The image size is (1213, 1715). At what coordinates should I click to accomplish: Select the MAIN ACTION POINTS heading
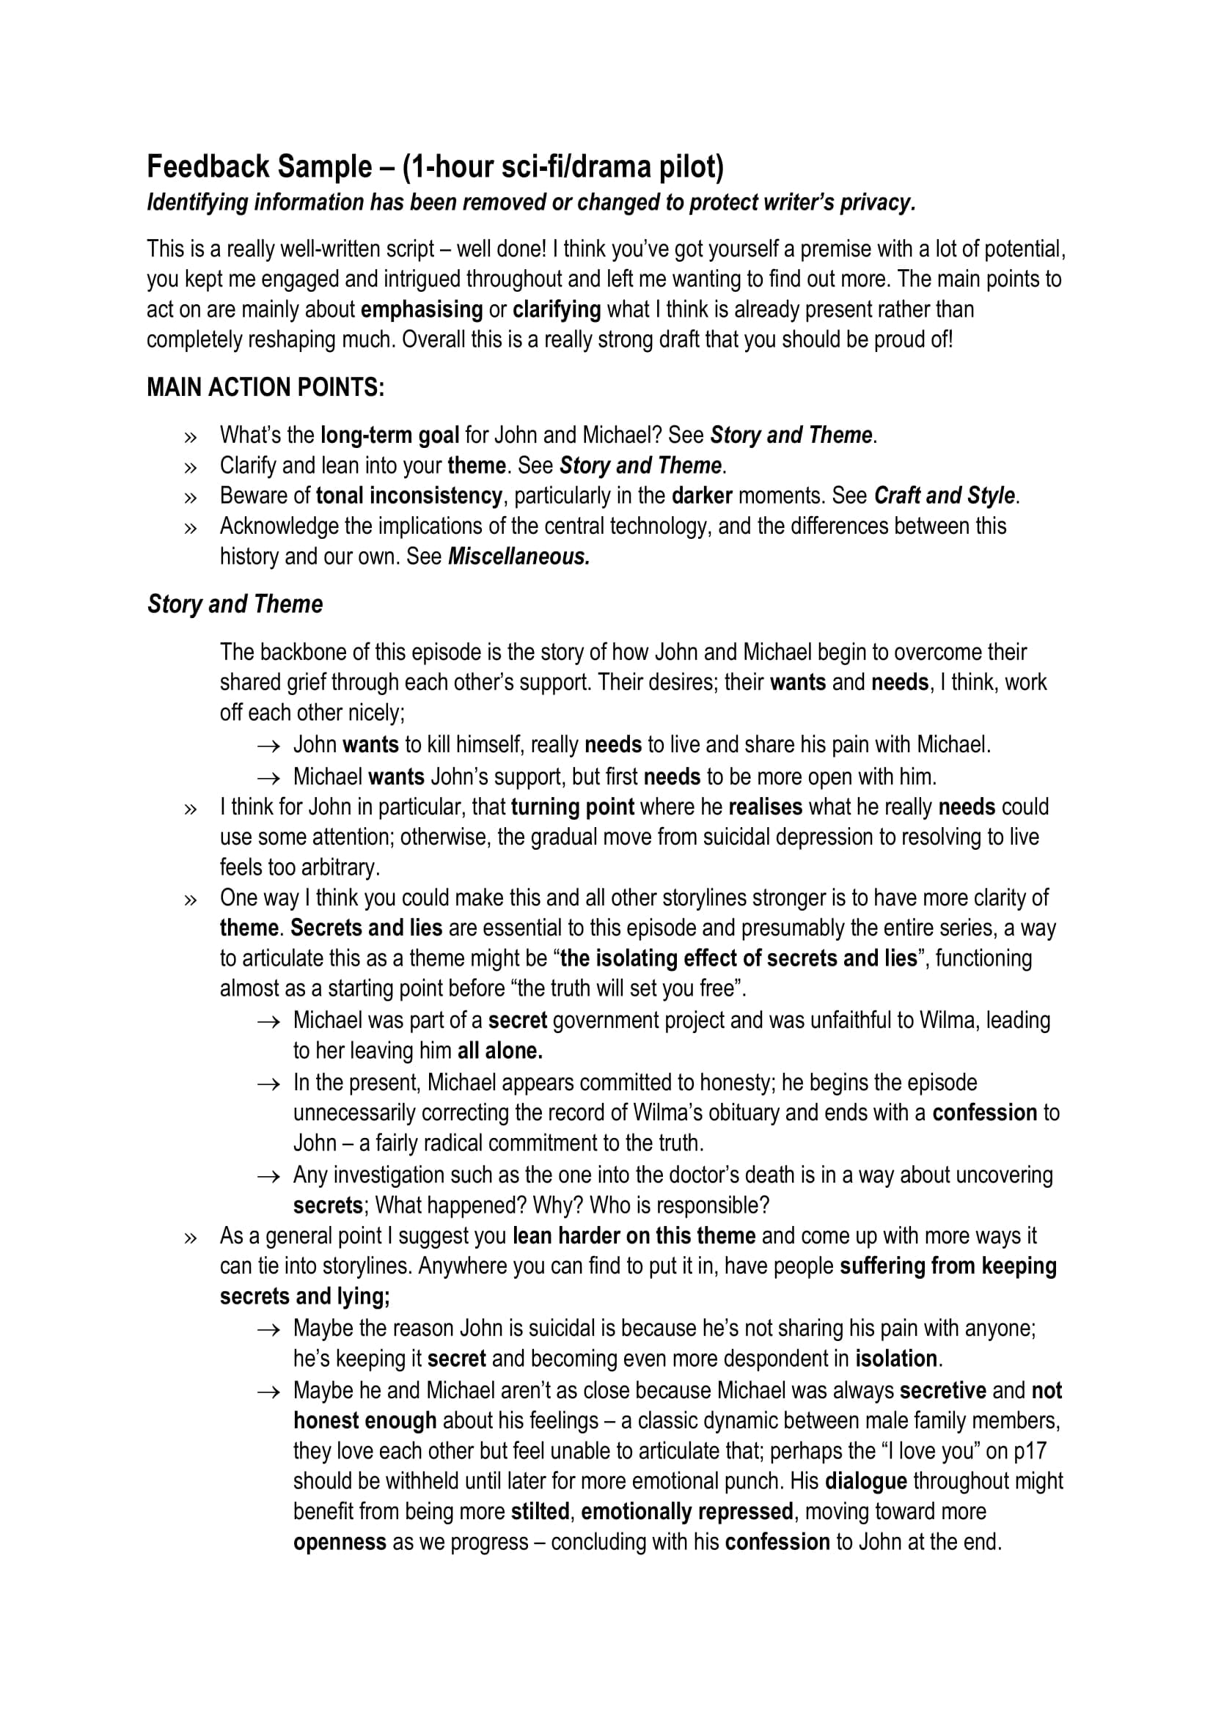pyautogui.click(x=265, y=387)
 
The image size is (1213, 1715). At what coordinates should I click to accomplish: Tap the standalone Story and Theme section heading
pyautogui.click(x=235, y=603)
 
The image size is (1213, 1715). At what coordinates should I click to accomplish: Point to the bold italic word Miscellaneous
pyautogui.click(x=518, y=557)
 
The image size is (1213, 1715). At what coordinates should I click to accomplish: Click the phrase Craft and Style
pyautogui.click(x=944, y=495)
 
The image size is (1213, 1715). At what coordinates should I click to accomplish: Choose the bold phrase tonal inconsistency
pyautogui.click(x=408, y=495)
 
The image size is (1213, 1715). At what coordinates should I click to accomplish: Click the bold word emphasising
pyautogui.click(x=421, y=309)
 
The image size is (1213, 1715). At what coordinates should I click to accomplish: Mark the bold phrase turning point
pyautogui.click(x=572, y=807)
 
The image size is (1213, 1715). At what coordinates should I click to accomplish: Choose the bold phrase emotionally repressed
pyautogui.click(x=686, y=1511)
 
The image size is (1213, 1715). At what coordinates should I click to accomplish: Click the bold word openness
pyautogui.click(x=340, y=1542)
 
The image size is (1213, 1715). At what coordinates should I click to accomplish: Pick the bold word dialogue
pyautogui.click(x=865, y=1480)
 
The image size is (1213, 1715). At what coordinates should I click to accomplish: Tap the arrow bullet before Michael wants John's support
pyautogui.click(x=268, y=777)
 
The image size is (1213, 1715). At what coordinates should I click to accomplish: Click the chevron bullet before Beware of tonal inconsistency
pyautogui.click(x=191, y=496)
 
